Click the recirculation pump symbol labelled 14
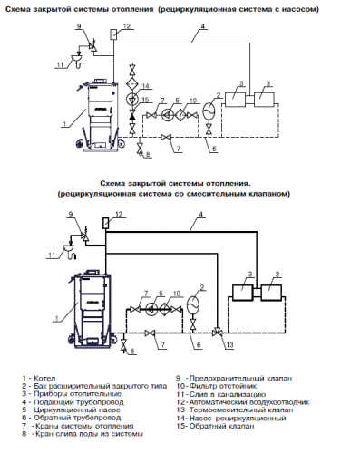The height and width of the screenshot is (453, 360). point(132,99)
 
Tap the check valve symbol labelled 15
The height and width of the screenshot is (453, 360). point(132,116)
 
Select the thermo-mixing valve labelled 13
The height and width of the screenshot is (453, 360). point(217,333)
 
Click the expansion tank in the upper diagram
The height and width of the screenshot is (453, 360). point(209,110)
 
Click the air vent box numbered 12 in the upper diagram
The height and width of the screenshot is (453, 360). point(114,34)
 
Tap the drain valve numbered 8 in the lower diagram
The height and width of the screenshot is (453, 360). point(123,344)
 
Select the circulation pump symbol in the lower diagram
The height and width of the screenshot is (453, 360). point(151,309)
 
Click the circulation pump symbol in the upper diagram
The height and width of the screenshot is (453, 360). point(167,115)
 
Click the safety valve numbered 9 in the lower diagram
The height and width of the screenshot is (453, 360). point(85,236)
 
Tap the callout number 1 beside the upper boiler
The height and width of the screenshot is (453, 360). point(63,125)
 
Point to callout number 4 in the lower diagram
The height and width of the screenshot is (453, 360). point(201,215)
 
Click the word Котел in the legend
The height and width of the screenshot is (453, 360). point(44,378)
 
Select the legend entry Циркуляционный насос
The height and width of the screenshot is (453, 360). point(77,410)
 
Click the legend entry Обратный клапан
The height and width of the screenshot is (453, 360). point(221,426)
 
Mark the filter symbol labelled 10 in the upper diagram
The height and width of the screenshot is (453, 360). point(180,115)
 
